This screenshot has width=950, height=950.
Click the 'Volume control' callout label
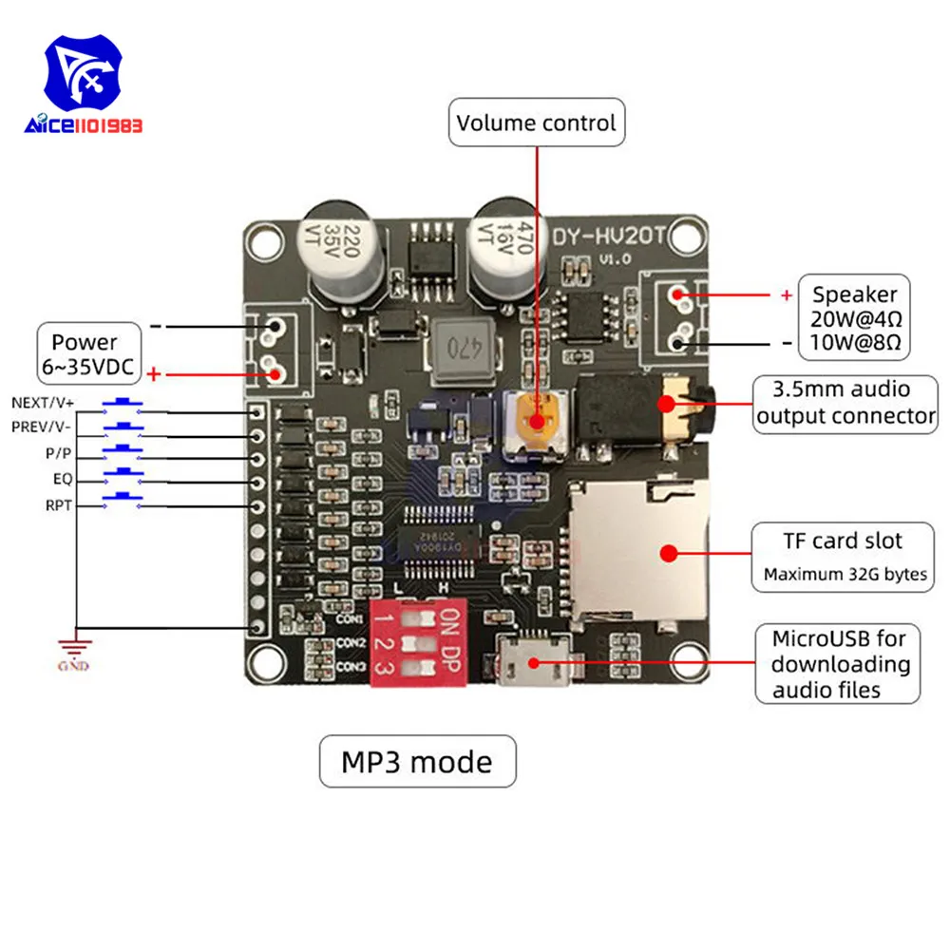point(536,123)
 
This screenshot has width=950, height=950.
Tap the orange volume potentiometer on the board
point(537,421)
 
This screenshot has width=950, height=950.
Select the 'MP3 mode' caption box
point(417,761)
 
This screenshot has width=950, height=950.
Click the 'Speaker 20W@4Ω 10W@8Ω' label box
point(854,317)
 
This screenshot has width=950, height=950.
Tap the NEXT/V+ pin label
point(42,404)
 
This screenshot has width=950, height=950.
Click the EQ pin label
point(62,479)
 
